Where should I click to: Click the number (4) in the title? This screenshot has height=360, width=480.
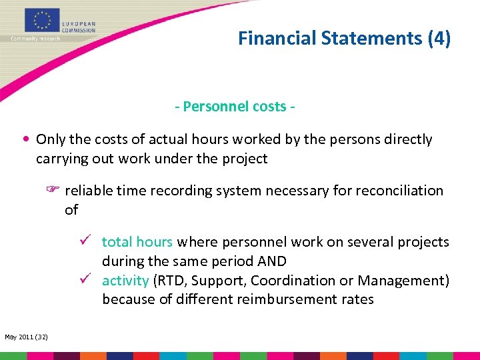click(x=439, y=39)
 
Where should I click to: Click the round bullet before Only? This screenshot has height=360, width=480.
click(x=25, y=140)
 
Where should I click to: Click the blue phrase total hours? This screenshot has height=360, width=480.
click(x=137, y=242)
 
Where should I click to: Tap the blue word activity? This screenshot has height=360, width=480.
click(x=125, y=281)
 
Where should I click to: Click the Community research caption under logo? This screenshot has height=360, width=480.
click(x=35, y=38)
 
